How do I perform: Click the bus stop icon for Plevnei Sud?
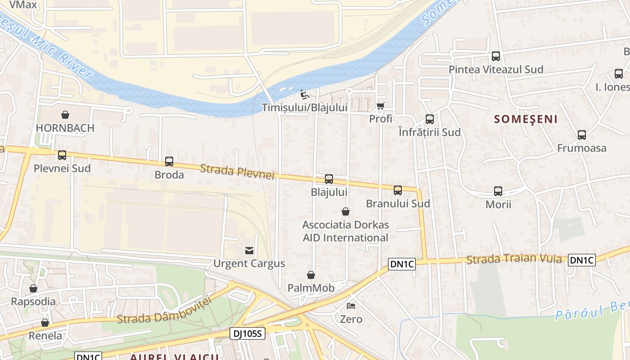click(x=62, y=155)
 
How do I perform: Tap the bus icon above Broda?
click(x=169, y=162)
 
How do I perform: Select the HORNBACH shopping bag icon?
click(x=65, y=115)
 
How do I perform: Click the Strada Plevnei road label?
click(x=237, y=171)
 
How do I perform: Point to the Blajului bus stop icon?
click(x=329, y=179)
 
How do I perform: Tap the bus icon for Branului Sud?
click(x=398, y=190)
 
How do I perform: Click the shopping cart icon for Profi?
click(x=380, y=106)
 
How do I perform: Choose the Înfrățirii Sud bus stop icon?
click(x=430, y=119)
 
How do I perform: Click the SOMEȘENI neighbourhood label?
click(x=526, y=119)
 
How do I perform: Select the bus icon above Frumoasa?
click(x=582, y=135)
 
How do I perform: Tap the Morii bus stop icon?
click(x=498, y=191)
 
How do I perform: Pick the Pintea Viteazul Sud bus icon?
click(x=496, y=57)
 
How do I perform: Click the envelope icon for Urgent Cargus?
click(x=249, y=250)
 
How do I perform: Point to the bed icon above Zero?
click(x=351, y=306)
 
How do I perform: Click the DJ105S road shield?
click(x=247, y=333)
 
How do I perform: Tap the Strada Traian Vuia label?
click(x=514, y=259)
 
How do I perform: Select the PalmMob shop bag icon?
click(x=311, y=275)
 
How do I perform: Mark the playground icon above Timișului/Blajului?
click(x=305, y=94)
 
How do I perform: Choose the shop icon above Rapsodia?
click(x=33, y=288)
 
